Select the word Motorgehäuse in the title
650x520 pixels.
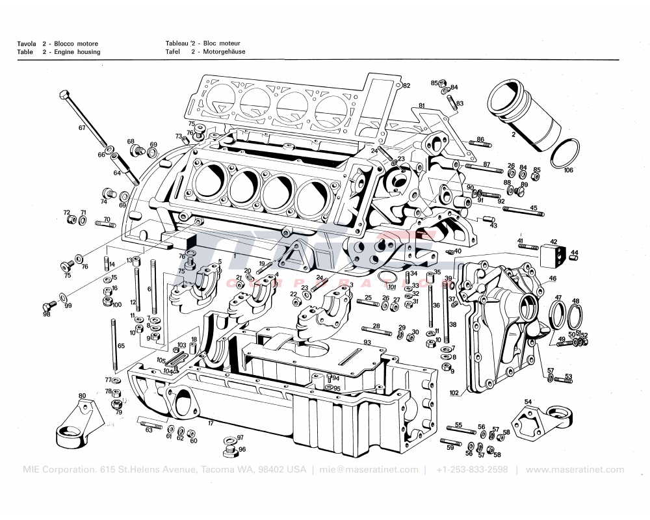[224, 52]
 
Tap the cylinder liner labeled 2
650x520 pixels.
[527, 118]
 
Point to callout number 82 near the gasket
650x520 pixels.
[406, 86]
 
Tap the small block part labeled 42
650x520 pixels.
[552, 252]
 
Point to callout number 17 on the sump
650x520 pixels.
[211, 424]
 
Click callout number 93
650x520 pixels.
[367, 342]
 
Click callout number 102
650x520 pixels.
[454, 393]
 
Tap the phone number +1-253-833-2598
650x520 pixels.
[472, 469]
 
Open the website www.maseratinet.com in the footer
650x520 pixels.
[575, 469]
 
